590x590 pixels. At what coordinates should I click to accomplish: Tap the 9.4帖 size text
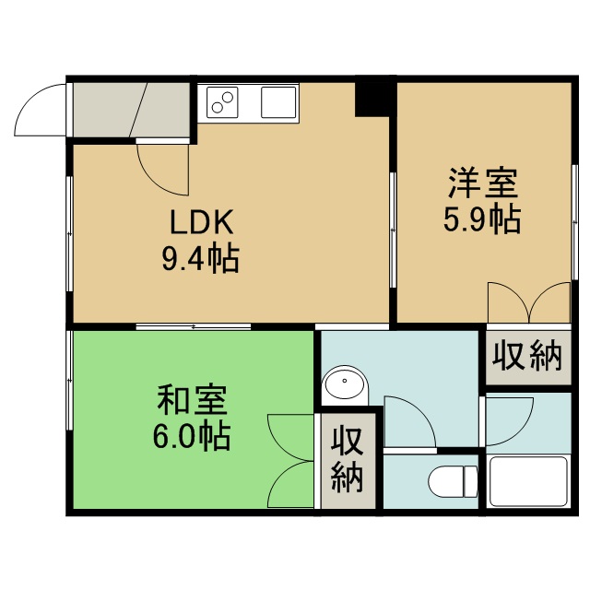[201, 260]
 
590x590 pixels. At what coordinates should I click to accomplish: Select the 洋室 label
[483, 183]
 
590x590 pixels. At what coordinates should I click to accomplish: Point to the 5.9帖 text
[482, 219]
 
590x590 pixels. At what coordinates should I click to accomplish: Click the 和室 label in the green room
[193, 399]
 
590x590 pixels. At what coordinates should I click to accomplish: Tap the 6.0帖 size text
[192, 436]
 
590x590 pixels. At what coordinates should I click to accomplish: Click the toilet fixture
[453, 481]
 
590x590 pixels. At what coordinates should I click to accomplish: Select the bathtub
[528, 481]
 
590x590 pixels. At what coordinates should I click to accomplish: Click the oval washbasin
[345, 383]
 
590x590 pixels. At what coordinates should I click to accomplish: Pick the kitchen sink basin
[278, 102]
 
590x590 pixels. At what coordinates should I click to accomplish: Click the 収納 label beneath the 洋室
[528, 356]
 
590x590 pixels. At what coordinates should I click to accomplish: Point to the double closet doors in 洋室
[529, 302]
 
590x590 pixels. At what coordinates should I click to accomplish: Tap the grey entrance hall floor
[131, 110]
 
